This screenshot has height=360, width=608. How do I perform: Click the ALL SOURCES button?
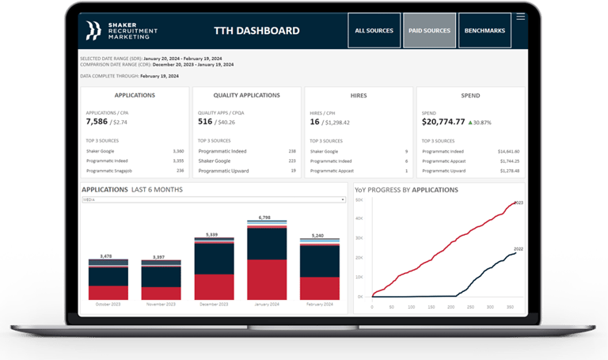coord(374,31)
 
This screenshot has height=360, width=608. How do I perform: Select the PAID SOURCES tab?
coord(429,31)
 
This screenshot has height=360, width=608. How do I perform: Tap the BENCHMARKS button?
coord(484,31)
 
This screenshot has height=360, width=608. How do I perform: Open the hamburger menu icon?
coord(520,17)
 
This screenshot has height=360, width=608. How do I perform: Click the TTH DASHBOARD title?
coord(256,31)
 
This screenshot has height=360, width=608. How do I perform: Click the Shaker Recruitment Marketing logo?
coord(122,31)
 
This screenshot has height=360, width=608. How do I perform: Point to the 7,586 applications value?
coord(98,122)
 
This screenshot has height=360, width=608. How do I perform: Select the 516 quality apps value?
coord(205,122)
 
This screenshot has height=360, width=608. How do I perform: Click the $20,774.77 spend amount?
coord(443,122)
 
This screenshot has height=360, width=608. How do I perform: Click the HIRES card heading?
coord(359,95)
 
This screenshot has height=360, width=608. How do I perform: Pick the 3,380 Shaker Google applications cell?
coord(178,150)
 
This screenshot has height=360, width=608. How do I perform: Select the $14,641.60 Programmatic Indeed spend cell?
coord(508,150)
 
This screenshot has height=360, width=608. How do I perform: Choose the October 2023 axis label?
coord(108,305)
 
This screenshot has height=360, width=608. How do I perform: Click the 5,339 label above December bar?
coord(211,234)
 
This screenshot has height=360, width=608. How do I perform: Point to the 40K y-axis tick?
coord(359,218)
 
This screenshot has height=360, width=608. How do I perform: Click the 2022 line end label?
coord(518,248)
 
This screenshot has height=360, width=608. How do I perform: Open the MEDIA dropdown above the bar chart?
coord(214,200)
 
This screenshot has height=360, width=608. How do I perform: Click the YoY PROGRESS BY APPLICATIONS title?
coord(406,190)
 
